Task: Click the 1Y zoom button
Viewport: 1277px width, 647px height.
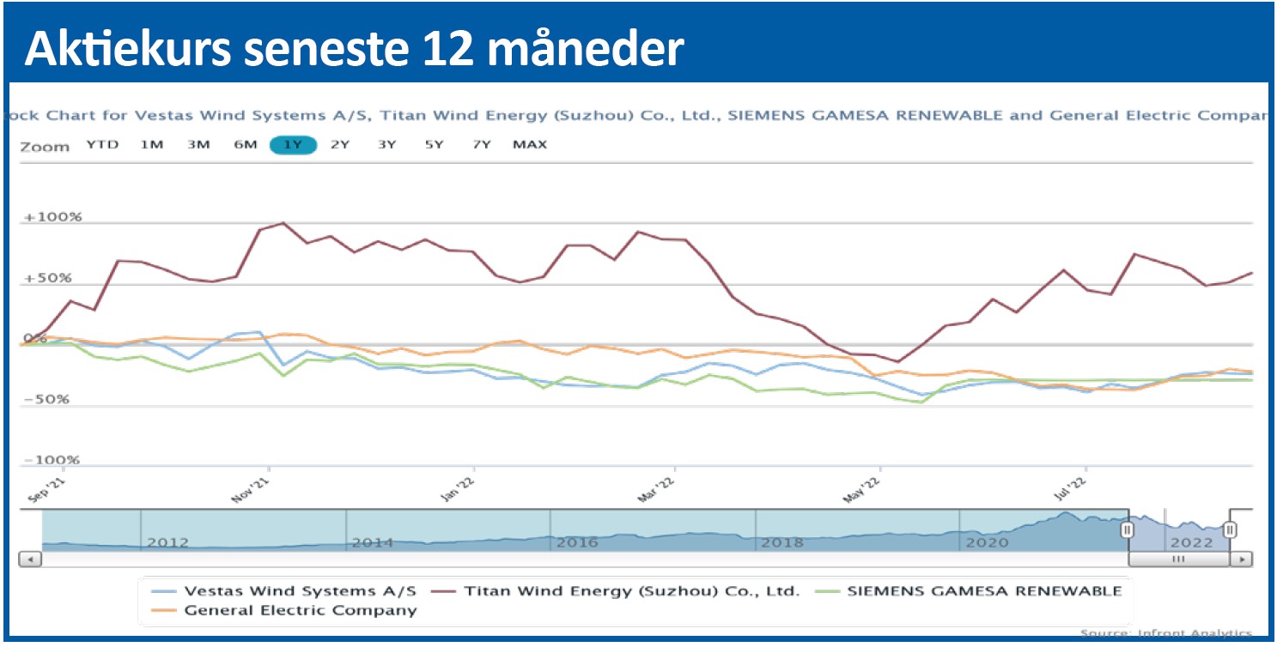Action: (293, 145)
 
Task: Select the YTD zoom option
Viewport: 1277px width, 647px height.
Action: (102, 145)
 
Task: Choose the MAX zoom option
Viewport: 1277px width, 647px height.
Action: (529, 145)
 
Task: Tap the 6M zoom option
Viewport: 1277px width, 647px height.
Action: (246, 145)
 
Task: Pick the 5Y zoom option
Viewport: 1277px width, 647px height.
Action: (434, 145)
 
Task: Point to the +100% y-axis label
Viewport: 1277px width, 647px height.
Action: (53, 218)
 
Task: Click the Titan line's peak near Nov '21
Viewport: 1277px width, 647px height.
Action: (283, 223)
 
